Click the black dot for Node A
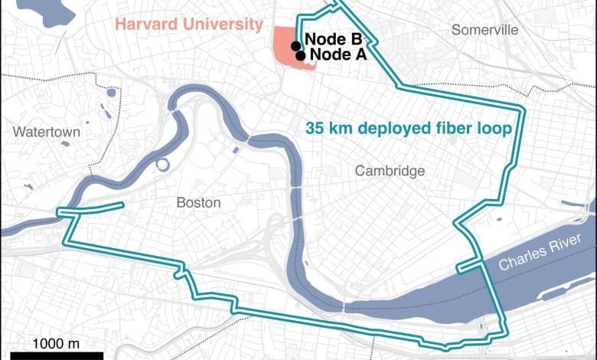(301, 55)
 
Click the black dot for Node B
(295, 45)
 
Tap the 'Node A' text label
(338, 54)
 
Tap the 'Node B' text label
(334, 39)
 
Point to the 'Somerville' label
(484, 30)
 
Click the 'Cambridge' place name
(390, 171)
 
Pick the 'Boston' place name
(198, 203)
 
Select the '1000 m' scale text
(56, 342)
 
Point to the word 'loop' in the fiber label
(494, 129)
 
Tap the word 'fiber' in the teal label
(456, 129)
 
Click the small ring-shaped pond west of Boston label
(161, 164)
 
